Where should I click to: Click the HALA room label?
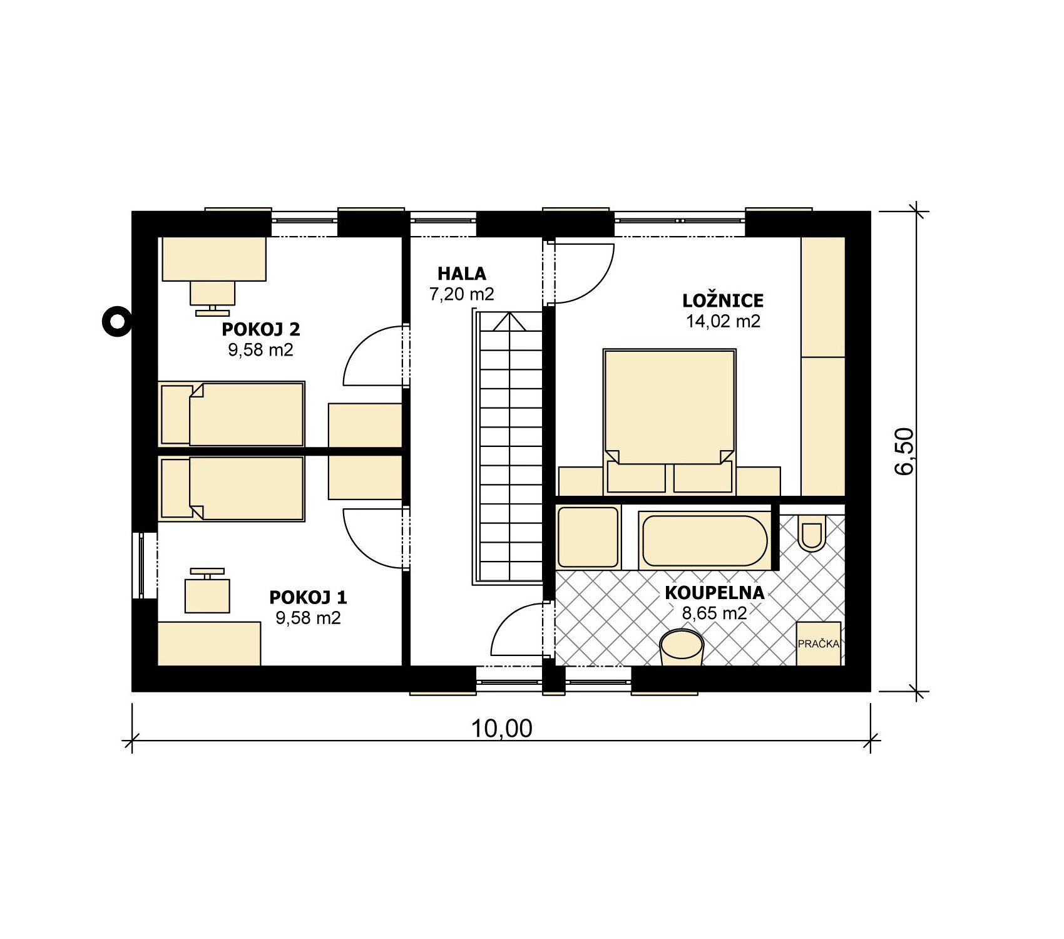click(x=462, y=274)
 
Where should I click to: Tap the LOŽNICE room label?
click(x=723, y=300)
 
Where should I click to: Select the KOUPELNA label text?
click(x=714, y=593)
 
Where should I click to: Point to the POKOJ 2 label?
click(x=261, y=329)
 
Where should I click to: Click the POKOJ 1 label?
click(x=308, y=597)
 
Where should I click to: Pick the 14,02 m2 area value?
click(x=723, y=321)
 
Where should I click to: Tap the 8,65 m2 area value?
click(x=714, y=613)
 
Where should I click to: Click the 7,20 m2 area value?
click(x=462, y=294)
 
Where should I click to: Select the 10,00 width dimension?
click(x=501, y=728)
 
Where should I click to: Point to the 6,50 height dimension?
click(x=905, y=451)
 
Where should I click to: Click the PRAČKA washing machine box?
click(x=819, y=644)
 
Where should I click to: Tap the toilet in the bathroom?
click(x=812, y=533)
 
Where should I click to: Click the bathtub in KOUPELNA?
click(x=704, y=540)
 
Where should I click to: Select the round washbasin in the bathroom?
click(x=682, y=648)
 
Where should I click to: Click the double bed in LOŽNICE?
click(x=669, y=421)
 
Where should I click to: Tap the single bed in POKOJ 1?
click(x=232, y=488)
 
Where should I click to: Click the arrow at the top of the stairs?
click(x=509, y=321)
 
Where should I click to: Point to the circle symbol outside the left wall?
click(x=117, y=322)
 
